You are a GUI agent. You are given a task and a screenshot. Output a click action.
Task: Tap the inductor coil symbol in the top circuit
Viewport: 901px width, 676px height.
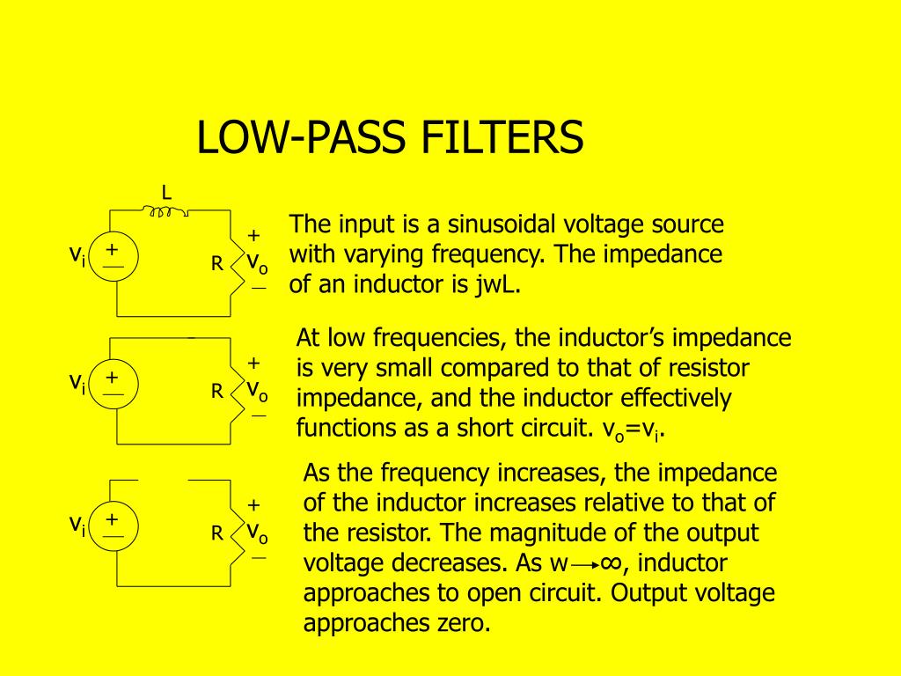pos(166,211)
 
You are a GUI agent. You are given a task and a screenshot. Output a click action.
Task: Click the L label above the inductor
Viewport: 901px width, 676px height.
pos(165,192)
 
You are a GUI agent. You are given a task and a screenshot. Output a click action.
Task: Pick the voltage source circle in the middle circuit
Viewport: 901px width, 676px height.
pos(114,384)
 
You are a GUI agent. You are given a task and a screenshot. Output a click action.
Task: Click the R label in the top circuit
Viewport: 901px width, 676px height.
pos(216,263)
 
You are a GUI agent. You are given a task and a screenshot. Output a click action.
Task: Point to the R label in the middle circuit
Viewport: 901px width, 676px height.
pos(216,391)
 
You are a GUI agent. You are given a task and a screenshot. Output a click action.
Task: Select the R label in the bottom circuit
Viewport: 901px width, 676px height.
pos(216,533)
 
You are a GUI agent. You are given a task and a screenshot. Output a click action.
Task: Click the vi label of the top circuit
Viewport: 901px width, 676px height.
pos(77,255)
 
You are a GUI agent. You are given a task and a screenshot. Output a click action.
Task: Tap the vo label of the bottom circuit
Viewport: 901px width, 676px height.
pos(257,532)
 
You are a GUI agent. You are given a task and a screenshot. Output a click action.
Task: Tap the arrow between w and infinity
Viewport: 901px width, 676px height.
pos(585,563)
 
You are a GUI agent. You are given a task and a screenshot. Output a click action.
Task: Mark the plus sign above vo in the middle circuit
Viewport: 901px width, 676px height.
pos(254,363)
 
